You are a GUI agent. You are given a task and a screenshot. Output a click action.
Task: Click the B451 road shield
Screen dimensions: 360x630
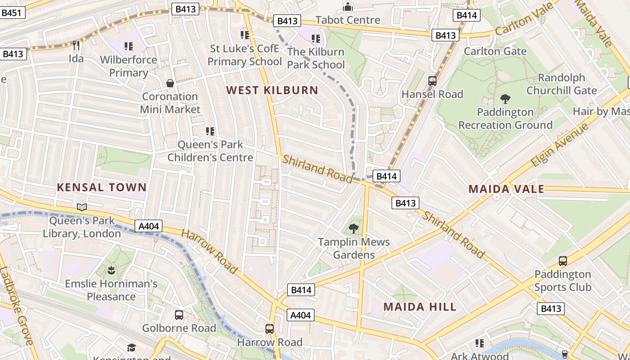[x=11, y=13]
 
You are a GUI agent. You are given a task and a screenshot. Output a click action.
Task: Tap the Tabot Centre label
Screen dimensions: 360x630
[x=348, y=20]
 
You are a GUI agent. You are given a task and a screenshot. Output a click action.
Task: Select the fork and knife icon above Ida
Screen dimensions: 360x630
[x=76, y=45]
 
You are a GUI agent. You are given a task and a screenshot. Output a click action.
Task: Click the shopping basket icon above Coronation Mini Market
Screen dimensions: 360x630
[x=170, y=83]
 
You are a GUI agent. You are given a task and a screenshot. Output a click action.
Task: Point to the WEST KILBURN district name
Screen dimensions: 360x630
[x=272, y=90]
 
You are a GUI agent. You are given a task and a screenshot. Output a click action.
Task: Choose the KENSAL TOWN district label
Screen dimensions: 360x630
[x=102, y=187]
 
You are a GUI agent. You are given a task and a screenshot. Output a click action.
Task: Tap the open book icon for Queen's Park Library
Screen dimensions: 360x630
[x=82, y=207]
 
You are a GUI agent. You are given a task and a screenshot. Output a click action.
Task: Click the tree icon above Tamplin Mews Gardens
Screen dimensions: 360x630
[x=354, y=229]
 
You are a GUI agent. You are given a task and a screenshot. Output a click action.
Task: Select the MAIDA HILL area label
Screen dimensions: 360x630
[x=419, y=307]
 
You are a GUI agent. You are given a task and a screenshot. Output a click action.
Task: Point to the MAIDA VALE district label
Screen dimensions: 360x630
[x=506, y=189]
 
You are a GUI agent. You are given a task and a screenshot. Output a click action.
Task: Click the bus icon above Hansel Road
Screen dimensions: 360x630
[x=432, y=81]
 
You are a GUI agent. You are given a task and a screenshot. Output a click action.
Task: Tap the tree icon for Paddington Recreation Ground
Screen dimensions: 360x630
[x=505, y=99]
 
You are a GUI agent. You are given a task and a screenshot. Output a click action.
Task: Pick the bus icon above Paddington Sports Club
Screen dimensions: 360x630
[x=562, y=261]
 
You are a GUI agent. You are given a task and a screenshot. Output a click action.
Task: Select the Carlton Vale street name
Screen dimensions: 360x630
[x=525, y=19]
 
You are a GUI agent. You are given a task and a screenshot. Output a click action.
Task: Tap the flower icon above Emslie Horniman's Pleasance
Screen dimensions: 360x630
[x=111, y=270]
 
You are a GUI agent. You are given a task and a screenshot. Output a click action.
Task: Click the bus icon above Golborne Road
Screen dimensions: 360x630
[x=179, y=315]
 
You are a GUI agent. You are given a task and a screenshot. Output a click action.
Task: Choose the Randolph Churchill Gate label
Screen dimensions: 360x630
[x=561, y=84]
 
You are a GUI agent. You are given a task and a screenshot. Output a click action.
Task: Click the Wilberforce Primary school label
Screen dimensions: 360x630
[x=128, y=66]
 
